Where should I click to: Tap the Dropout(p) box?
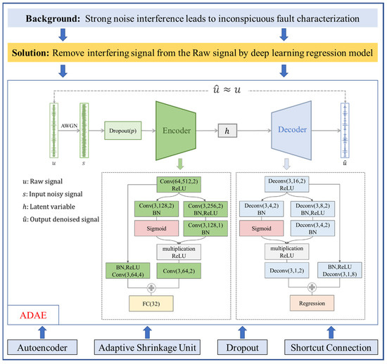[127, 130]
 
